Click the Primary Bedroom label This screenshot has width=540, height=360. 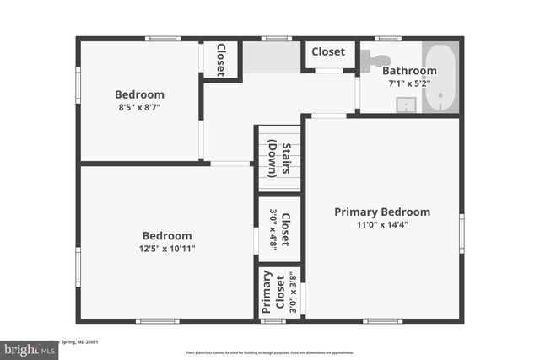(382, 212)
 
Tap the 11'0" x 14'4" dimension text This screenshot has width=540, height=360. (382, 225)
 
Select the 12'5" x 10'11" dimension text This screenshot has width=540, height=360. (166, 249)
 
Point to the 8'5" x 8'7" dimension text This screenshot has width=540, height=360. (139, 108)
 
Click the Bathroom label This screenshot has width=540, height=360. (409, 72)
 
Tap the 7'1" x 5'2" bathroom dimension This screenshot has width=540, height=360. (409, 83)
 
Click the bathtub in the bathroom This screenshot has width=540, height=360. (441, 78)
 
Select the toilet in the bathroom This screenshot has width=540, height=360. (375, 60)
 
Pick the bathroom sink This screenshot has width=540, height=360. (407, 105)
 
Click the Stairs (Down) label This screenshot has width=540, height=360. (279, 160)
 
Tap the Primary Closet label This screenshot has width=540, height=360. (267, 293)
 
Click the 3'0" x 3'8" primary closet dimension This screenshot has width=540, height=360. (294, 293)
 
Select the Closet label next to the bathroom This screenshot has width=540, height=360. (328, 52)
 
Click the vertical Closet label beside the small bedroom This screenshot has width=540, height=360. (220, 60)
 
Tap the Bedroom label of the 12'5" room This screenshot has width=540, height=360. (166, 236)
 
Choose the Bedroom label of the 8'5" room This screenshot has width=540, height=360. (139, 94)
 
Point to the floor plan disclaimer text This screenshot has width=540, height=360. (270, 352)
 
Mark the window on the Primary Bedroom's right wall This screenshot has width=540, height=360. (462, 234)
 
